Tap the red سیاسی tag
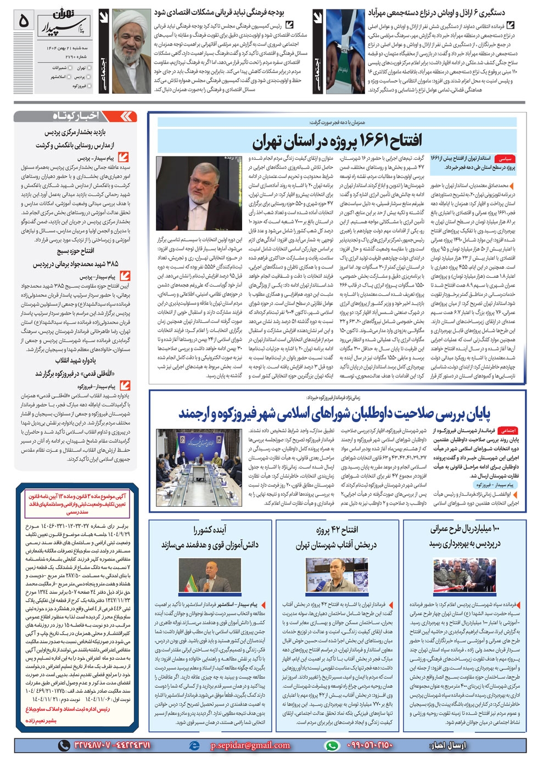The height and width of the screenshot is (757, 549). (503, 159)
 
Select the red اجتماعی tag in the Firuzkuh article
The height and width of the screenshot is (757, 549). (508, 431)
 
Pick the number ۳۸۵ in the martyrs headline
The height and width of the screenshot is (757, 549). (112, 264)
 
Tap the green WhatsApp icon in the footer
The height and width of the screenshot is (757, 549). (332, 745)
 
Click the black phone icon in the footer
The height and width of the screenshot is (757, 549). (64, 745)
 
